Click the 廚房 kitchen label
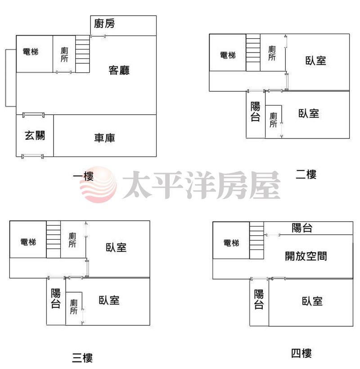pyautogui.click(x=104, y=23)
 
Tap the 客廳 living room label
pyautogui.click(x=119, y=70)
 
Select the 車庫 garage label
pyautogui.click(x=104, y=138)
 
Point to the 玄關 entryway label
pyautogui.click(x=35, y=136)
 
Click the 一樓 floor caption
pyautogui.click(x=83, y=176)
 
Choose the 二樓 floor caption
pyautogui.click(x=306, y=174)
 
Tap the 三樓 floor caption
pyautogui.click(x=82, y=358)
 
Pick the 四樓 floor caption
pyautogui.click(x=301, y=353)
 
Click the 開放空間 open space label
pyautogui.click(x=306, y=256)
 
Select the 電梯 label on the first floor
pyautogui.click(x=31, y=52)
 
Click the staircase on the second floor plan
pyautogui.click(x=253, y=53)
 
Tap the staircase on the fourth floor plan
pyautogui.click(x=256, y=240)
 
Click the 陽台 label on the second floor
pyautogui.click(x=256, y=111)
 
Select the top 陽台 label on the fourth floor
pyautogui.click(x=302, y=228)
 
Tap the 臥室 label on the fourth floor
pyautogui.click(x=312, y=301)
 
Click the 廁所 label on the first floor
pyautogui.click(x=64, y=54)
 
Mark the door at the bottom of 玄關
pyautogui.click(x=32, y=156)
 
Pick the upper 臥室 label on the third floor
pyautogui.click(x=116, y=248)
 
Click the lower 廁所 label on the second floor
pyautogui.click(x=273, y=120)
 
